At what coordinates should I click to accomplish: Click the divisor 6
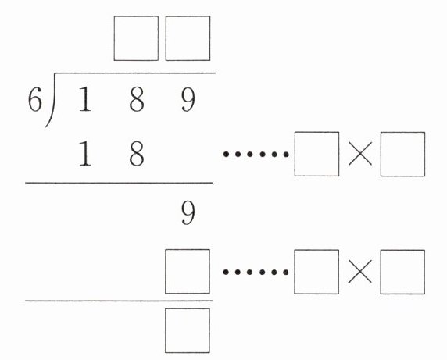(35, 99)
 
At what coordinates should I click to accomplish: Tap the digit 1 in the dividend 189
(85, 99)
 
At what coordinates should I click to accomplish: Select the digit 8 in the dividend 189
(137, 99)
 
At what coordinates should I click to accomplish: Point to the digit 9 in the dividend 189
(188, 99)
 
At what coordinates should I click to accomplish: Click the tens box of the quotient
(136, 38)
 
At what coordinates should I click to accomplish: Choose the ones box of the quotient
(188, 38)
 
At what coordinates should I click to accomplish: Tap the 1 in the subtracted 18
(85, 154)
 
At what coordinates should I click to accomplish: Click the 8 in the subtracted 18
(137, 154)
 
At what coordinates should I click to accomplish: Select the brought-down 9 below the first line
(188, 212)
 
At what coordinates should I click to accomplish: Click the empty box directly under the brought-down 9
(188, 272)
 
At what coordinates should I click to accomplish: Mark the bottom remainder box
(188, 330)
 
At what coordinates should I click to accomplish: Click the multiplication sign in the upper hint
(360, 154)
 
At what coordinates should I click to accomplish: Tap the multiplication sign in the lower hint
(359, 272)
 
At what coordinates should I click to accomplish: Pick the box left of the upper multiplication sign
(316, 154)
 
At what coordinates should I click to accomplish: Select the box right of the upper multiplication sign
(402, 154)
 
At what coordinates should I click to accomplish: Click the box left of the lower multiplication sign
(316, 272)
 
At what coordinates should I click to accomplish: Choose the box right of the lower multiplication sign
(402, 272)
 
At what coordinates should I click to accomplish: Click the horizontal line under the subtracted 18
(119, 183)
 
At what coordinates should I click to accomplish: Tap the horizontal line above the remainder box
(119, 301)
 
